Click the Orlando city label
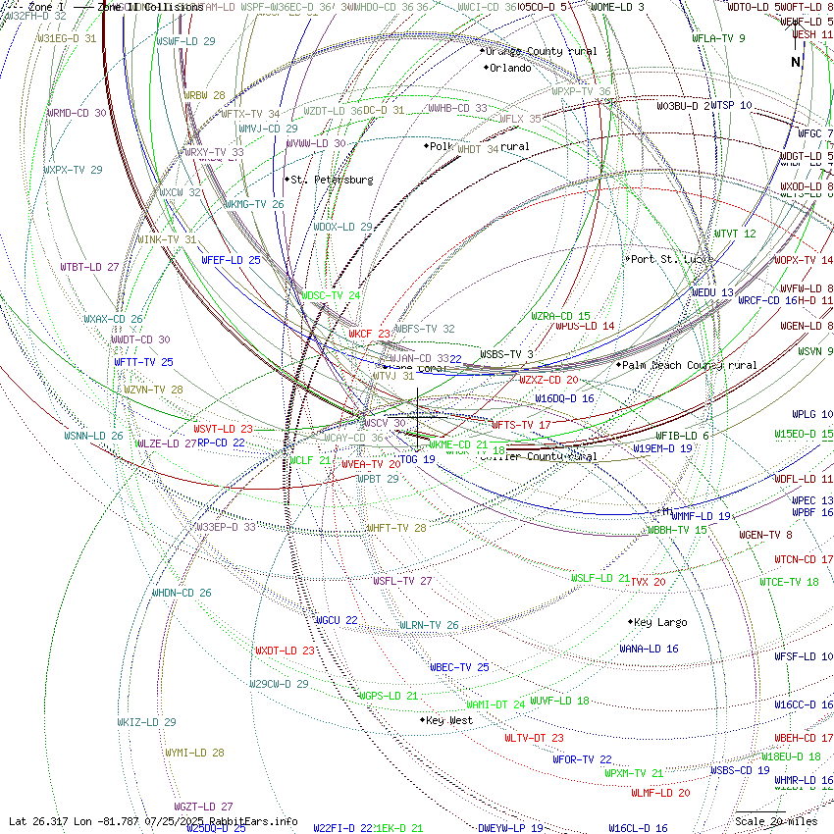tap(510, 68)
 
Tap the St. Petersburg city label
tap(331, 180)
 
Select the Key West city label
tap(449, 720)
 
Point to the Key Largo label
tap(660, 622)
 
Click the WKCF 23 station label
tap(370, 334)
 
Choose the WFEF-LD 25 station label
tap(231, 260)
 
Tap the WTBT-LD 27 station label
tap(89, 267)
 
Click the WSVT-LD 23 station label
tap(223, 429)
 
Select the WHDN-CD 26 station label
tap(182, 593)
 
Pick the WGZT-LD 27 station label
tap(203, 807)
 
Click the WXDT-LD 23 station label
tap(285, 651)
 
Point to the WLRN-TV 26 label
tap(429, 625)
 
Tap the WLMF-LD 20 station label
tap(660, 793)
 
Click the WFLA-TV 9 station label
tap(718, 38)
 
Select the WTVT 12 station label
tap(735, 234)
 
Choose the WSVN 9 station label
tap(815, 351)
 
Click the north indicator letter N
tap(796, 62)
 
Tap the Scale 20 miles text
tap(776, 821)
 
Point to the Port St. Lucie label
tap(670, 259)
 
